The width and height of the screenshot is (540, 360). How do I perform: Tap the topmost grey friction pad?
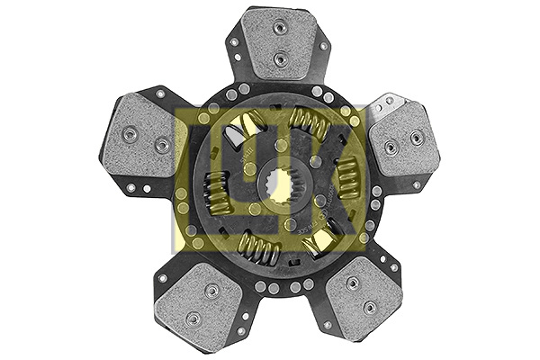[281, 43]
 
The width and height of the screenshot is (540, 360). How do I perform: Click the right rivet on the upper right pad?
[416, 138]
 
